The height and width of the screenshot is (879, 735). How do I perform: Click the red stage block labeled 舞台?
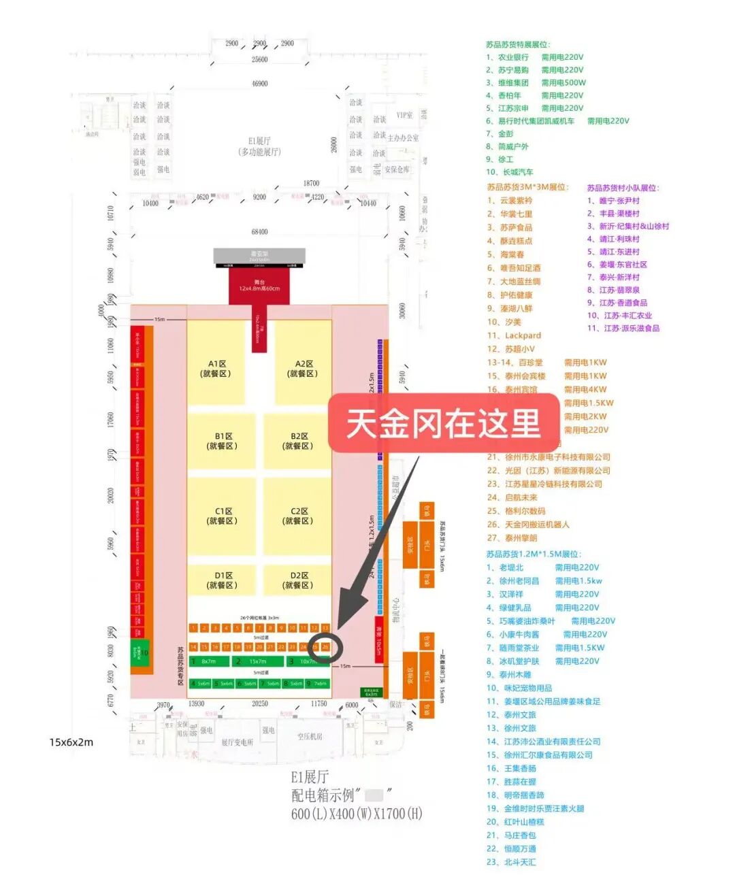coord(259,285)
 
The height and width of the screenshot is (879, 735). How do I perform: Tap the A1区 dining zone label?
coord(216,369)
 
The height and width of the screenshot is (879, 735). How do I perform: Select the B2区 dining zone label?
coord(298,441)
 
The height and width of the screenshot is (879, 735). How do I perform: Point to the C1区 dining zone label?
coord(223,516)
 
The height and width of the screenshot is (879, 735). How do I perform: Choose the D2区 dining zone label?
coord(298,580)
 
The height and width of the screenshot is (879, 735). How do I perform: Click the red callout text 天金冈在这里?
coord(443,423)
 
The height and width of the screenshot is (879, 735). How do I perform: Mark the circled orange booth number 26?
coord(325,646)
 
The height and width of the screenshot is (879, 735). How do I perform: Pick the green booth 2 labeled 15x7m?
coord(252,661)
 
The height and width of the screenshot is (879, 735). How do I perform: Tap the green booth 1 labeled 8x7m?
coord(205,661)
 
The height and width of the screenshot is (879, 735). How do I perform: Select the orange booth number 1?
coord(193,628)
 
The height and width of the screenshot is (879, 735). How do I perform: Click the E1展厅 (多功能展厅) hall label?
coord(259,146)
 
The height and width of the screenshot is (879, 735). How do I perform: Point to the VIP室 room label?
coord(404,115)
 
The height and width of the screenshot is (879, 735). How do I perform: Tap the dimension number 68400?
coord(259,232)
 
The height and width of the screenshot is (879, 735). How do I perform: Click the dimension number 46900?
coord(259,84)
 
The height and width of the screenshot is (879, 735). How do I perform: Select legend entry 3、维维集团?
coord(508,83)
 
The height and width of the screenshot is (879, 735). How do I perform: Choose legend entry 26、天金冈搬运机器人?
coord(528,525)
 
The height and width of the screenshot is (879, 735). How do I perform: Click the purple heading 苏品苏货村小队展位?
coord(623,188)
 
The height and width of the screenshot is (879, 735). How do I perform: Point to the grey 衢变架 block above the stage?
coord(259,256)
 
